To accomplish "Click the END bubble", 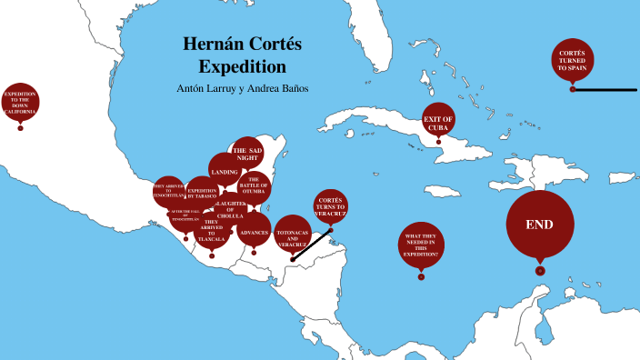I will pos(540,225).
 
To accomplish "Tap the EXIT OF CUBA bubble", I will pos(437,123).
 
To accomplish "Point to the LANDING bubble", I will pos(225,171).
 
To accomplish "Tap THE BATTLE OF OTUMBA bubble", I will pos(254,185).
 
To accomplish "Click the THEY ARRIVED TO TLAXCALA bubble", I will pos(211,231).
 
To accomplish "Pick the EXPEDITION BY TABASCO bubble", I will pos(202,192).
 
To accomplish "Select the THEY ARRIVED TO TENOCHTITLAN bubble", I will pos(169,192).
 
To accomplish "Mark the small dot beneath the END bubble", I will pos(540,271).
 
